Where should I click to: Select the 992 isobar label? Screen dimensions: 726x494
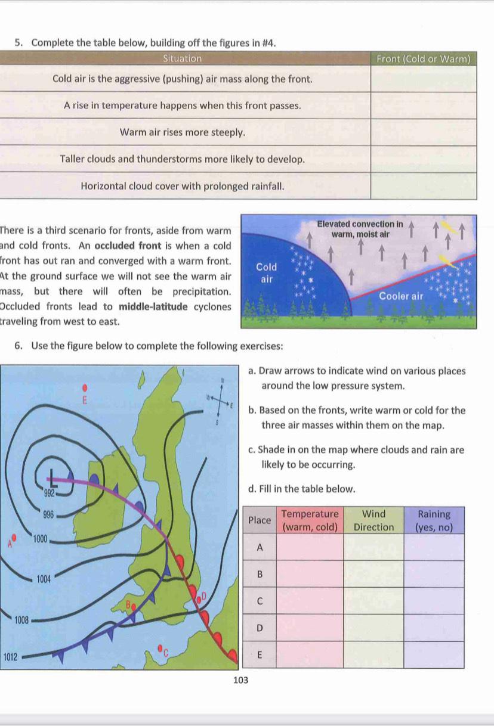[50, 494]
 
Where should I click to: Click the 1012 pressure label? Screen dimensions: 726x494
[11, 657]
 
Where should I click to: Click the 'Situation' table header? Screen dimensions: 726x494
[183, 58]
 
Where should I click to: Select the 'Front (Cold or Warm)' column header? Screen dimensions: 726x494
[424, 58]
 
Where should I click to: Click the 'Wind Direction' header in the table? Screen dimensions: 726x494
[374, 520]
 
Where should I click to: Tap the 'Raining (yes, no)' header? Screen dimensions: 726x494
[434, 520]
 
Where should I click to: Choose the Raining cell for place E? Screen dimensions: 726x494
[434, 654]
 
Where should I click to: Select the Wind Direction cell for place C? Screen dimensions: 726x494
[374, 601]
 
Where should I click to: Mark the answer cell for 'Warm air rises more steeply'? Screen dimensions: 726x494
[424, 132]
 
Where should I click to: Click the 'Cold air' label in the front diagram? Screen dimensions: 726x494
[266, 273]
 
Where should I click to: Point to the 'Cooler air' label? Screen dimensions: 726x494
[401, 296]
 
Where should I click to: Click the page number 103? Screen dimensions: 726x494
[240, 680]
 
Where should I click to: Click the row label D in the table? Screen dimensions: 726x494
[260, 628]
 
